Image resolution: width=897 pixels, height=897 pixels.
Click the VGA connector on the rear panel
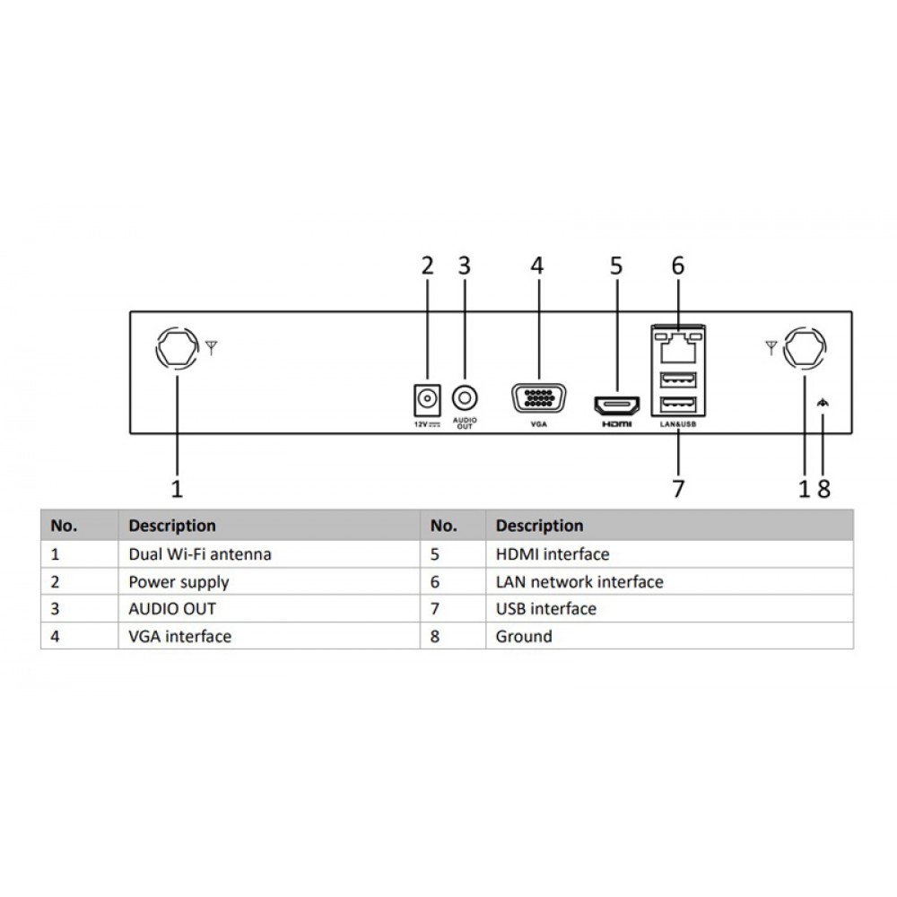coord(539,397)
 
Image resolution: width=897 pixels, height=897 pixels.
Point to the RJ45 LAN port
coord(677,340)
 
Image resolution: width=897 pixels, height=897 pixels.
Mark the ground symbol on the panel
coord(823,405)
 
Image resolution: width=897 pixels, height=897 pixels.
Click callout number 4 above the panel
coord(536,266)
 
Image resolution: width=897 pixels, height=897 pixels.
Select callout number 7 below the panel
coord(678,488)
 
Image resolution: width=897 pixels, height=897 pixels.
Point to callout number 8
coord(824,488)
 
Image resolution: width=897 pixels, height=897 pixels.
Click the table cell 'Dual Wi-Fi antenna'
coord(199,554)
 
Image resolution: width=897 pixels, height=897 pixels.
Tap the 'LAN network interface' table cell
coord(579,582)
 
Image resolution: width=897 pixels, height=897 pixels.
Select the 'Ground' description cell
coord(524,637)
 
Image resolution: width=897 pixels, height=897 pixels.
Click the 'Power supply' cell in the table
coord(179,582)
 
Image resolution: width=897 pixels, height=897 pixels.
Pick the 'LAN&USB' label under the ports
coord(677,424)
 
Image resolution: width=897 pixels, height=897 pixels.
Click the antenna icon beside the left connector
coord(211,347)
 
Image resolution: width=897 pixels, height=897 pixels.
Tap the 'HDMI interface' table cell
coord(552,554)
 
